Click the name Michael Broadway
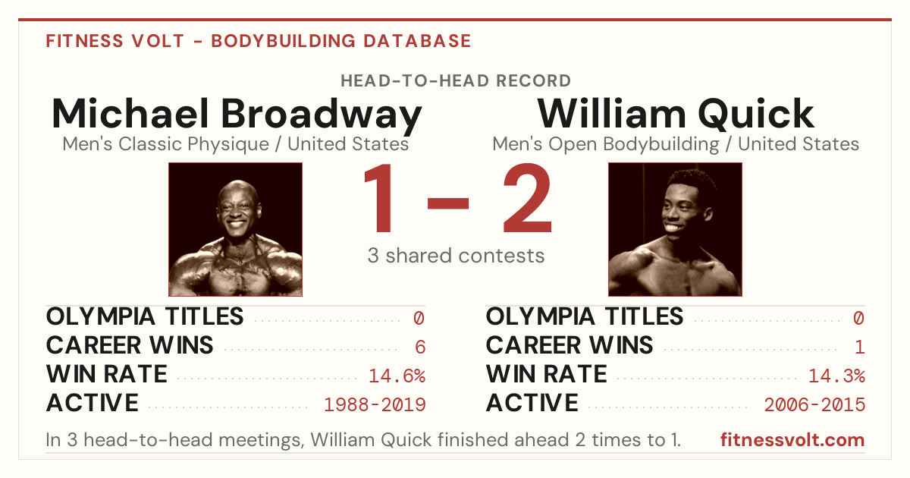[237, 115]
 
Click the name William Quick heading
[676, 115]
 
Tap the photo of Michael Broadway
[235, 229]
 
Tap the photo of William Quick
[675, 229]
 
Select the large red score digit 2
[527, 197]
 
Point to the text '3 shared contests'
[456, 256]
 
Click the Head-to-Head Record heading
[456, 81]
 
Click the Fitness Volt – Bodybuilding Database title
[259, 41]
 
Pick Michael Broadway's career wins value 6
[420, 347]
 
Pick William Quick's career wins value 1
[860, 347]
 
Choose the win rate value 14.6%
[397, 376]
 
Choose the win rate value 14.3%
[837, 376]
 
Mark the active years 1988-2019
[375, 405]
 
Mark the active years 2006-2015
[814, 405]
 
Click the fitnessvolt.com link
[792, 440]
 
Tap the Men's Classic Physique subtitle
[235, 144]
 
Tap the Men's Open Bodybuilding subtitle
[676, 144]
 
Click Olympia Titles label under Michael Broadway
[145, 316]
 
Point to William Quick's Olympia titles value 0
[858, 318]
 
